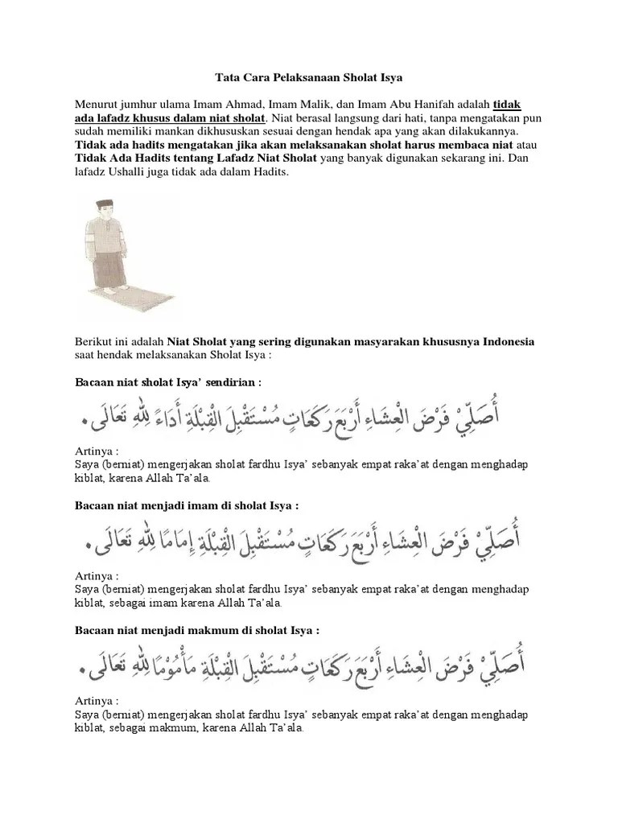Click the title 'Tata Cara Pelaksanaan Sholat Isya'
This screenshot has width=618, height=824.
pyautogui.click(x=309, y=78)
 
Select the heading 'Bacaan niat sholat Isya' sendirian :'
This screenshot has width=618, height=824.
pyautogui.click(x=168, y=379)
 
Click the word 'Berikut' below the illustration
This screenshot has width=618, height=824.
pyautogui.click(x=95, y=341)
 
